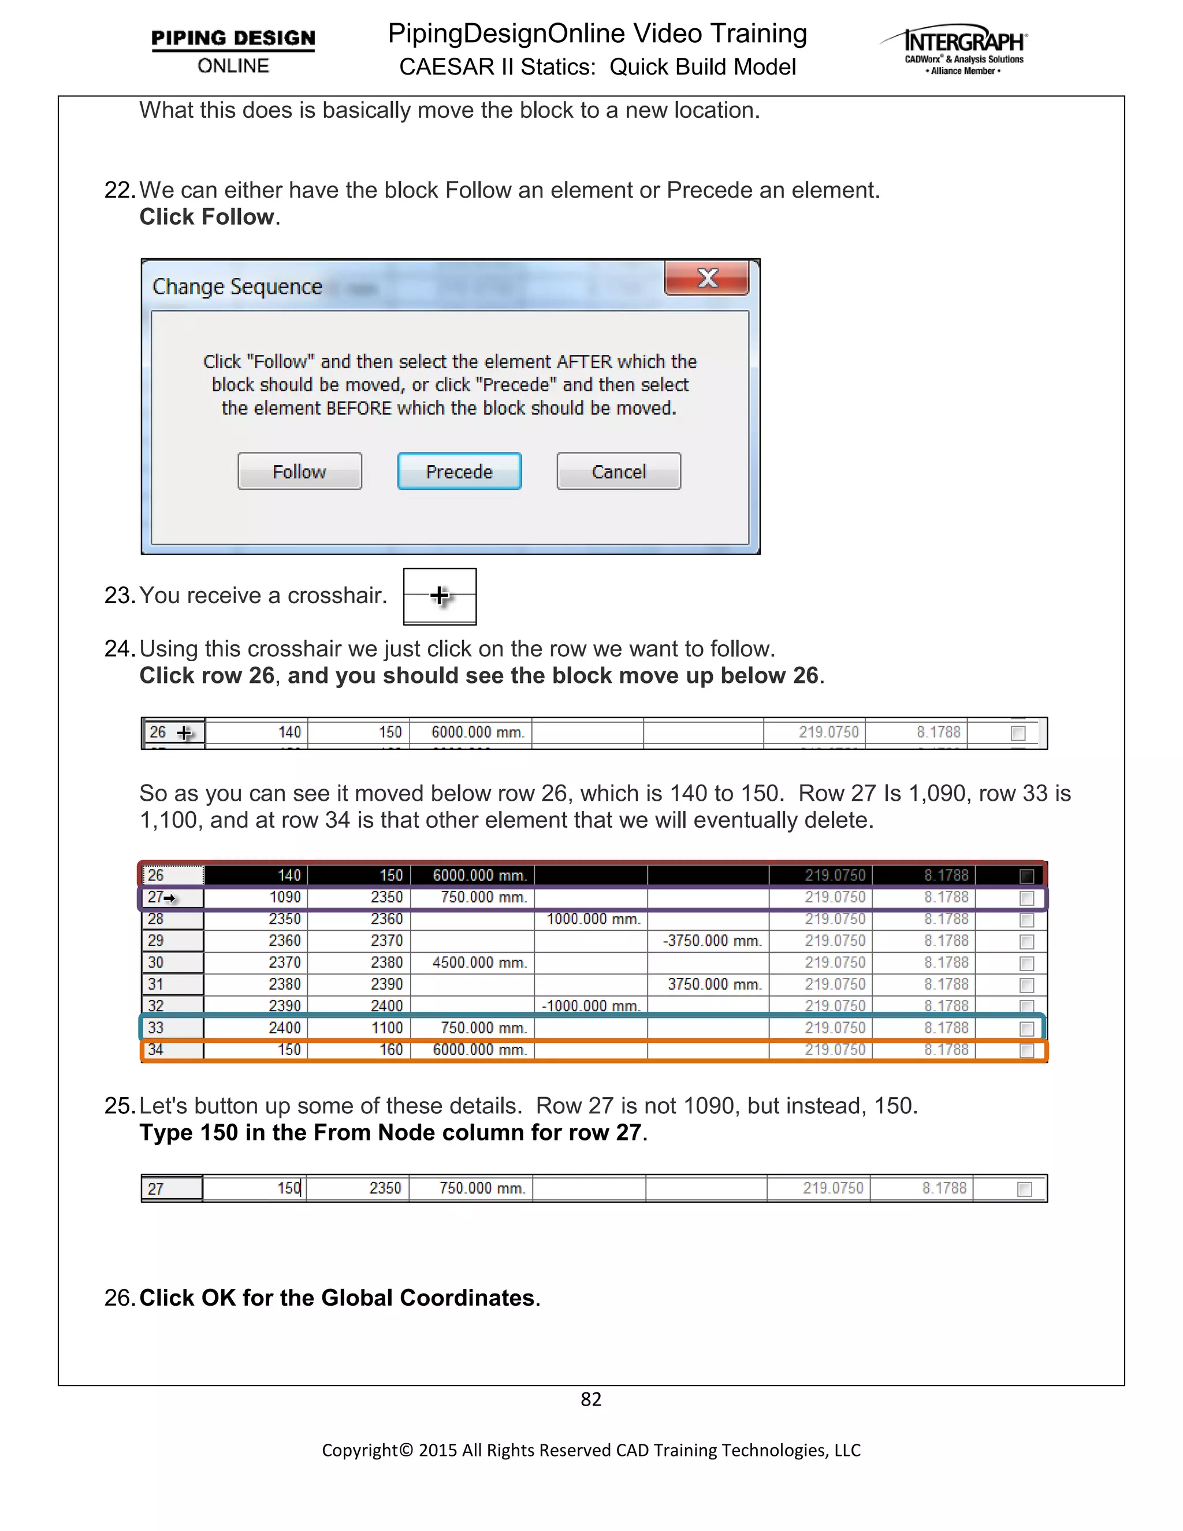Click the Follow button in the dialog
(x=299, y=471)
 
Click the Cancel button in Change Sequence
(x=618, y=471)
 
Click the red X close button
(x=706, y=278)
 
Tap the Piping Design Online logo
(x=233, y=50)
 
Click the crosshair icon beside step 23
(x=440, y=596)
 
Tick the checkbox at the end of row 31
(x=1026, y=985)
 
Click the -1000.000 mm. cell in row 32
(x=591, y=1006)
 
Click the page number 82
(x=591, y=1399)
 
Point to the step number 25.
(x=118, y=1105)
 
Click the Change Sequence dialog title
(x=237, y=287)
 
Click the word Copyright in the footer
(x=359, y=1450)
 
